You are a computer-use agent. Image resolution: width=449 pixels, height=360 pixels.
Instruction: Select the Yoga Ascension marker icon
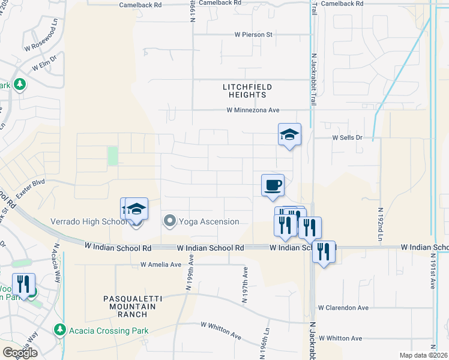(170, 221)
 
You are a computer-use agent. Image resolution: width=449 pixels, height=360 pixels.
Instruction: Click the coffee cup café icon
(273, 184)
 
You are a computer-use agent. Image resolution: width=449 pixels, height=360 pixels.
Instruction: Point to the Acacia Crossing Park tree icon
(59, 330)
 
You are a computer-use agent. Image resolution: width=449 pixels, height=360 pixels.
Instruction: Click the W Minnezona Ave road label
(253, 110)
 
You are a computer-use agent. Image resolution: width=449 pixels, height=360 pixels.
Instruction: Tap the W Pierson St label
(253, 35)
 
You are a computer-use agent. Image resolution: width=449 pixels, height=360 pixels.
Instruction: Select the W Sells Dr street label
(348, 137)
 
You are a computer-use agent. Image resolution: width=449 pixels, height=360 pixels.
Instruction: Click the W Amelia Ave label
(160, 265)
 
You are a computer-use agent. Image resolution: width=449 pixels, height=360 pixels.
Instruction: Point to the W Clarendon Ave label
(343, 308)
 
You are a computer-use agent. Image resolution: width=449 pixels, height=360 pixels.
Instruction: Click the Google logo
(19, 353)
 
